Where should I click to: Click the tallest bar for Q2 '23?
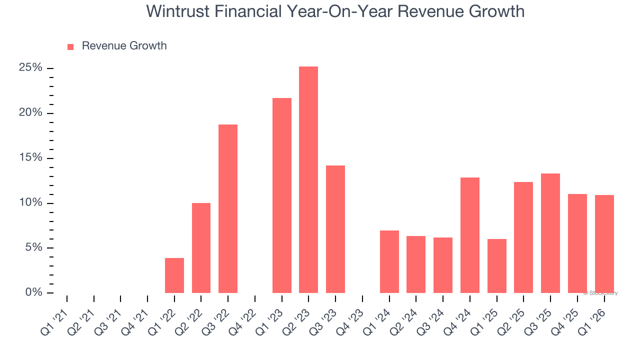pyautogui.click(x=308, y=180)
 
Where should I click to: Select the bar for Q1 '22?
pyautogui.click(x=174, y=275)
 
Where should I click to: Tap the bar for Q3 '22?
pyautogui.click(x=228, y=208)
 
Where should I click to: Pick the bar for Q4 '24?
pyautogui.click(x=470, y=235)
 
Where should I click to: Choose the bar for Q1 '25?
pyautogui.click(x=497, y=266)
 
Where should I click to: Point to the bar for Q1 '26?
pyautogui.click(x=604, y=244)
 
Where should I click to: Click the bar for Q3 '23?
pyautogui.click(x=335, y=229)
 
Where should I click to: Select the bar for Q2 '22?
pyautogui.click(x=201, y=248)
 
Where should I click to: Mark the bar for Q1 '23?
pyautogui.click(x=282, y=195)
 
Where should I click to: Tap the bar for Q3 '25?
pyautogui.click(x=550, y=233)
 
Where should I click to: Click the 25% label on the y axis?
pyautogui.click(x=30, y=67)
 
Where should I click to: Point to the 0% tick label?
pyautogui.click(x=33, y=292)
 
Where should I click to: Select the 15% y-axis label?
pyautogui.click(x=30, y=157)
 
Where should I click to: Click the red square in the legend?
pyautogui.click(x=70, y=46)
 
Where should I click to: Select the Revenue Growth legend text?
pyautogui.click(x=124, y=46)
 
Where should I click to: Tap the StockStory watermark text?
pyautogui.click(x=602, y=293)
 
